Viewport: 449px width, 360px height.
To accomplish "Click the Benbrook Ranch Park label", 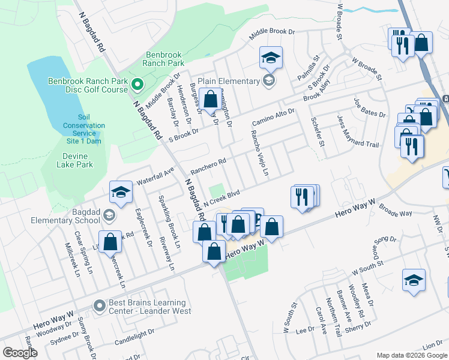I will (x=164, y=58).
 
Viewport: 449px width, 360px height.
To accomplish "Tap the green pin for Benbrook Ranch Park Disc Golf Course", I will (x=136, y=85).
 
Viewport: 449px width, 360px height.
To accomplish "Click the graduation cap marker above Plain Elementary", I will (x=271, y=58).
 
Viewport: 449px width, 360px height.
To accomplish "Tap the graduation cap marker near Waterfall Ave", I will (x=121, y=193).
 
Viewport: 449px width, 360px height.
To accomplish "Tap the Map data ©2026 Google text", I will (x=411, y=355).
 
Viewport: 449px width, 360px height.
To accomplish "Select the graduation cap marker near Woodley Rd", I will (x=414, y=281).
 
